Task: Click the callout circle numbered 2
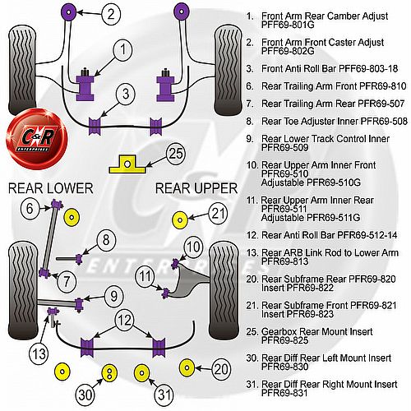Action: click(111, 13)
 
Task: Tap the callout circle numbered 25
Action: click(176, 154)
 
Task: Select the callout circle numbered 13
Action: click(39, 353)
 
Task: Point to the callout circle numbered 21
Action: click(218, 214)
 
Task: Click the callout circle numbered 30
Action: click(85, 395)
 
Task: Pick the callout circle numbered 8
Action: click(106, 240)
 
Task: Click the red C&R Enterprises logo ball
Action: click(36, 139)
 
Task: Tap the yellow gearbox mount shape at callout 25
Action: click(127, 164)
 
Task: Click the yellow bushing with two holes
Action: click(109, 373)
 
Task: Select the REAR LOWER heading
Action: click(51, 188)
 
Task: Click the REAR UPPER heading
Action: click(196, 188)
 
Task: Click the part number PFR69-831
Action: click(284, 393)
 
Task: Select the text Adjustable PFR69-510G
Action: click(311, 182)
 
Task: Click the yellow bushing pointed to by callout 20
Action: click(187, 367)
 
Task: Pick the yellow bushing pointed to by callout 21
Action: click(180, 219)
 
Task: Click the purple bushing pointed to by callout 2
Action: click(68, 12)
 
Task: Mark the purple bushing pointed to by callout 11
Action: click(165, 293)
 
